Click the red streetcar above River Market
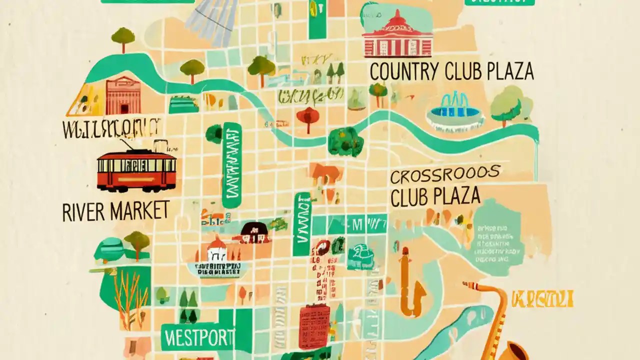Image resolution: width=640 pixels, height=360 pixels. (x=136, y=171)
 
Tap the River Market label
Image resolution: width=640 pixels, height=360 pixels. (x=115, y=211)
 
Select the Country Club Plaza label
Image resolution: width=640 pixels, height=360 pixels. (x=451, y=71)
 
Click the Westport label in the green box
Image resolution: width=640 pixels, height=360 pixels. (x=198, y=338)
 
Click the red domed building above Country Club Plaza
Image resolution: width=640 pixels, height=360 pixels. (x=397, y=35)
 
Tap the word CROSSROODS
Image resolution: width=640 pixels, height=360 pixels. (x=445, y=175)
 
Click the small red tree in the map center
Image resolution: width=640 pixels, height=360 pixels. (x=307, y=117)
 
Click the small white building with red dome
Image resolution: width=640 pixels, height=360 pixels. (x=217, y=248)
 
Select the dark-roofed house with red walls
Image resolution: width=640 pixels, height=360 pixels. (x=255, y=232)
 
